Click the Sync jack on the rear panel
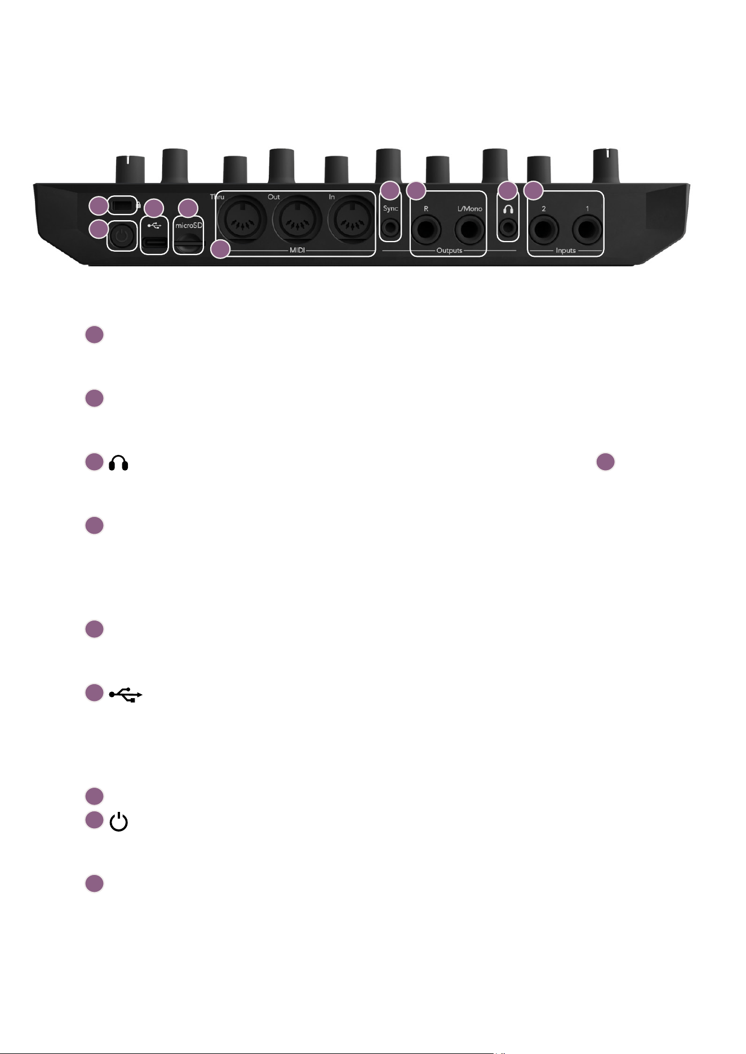click(390, 229)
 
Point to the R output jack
click(426, 230)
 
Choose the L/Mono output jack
click(470, 230)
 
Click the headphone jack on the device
click(508, 228)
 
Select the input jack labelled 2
click(544, 230)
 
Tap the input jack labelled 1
click(587, 230)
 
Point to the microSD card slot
click(188, 244)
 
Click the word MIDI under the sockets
click(297, 251)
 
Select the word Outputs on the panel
click(449, 251)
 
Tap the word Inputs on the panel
click(566, 251)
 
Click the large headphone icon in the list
click(118, 463)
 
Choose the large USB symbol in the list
click(126, 695)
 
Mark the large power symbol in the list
click(118, 822)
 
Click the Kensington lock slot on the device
click(121, 206)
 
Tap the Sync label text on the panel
click(390, 208)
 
